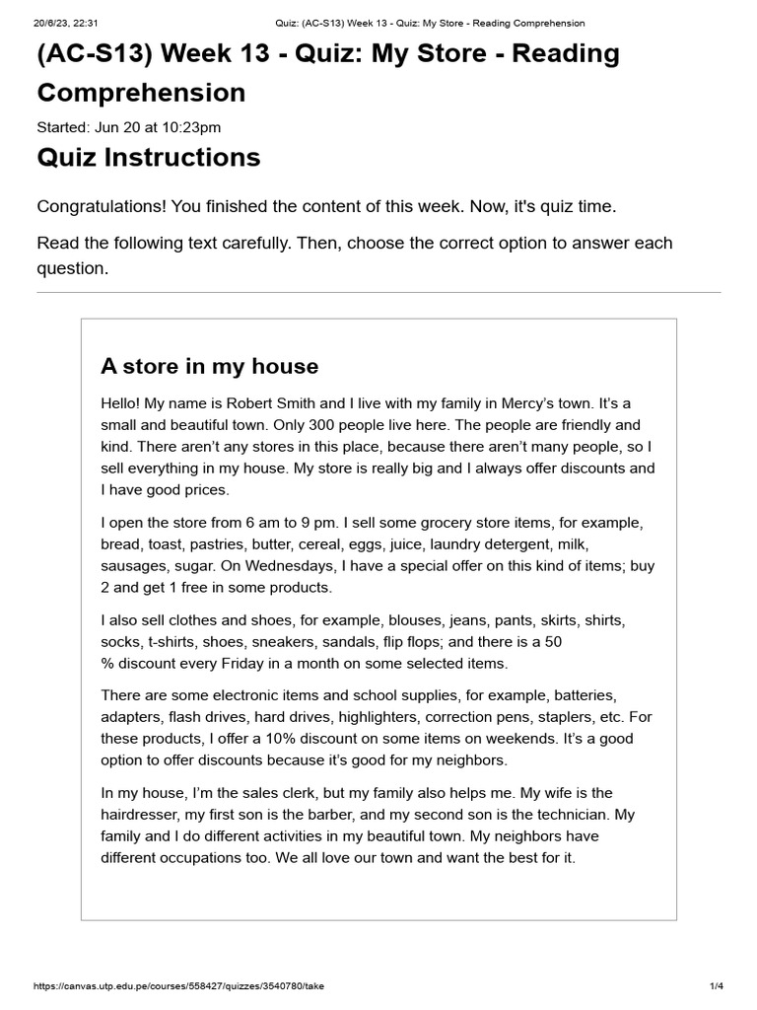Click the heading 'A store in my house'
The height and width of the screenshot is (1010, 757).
(209, 367)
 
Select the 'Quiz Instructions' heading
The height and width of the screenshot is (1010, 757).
(149, 158)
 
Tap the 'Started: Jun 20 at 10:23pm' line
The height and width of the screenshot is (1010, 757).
(129, 126)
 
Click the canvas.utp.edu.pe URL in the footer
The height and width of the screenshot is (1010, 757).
(178, 986)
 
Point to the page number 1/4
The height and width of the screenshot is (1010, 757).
(716, 986)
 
